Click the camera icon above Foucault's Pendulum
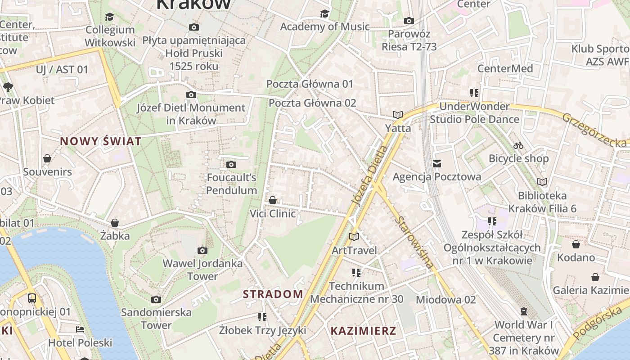(231, 165)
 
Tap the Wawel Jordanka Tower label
(202, 270)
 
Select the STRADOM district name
(273, 294)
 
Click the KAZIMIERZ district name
(364, 331)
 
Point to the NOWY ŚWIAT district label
(101, 141)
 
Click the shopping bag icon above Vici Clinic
(273, 200)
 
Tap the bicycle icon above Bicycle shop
(518, 145)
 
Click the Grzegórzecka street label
(594, 130)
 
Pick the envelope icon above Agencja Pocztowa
(437, 163)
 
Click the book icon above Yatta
(397, 115)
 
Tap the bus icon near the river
(32, 298)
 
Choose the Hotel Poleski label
(80, 343)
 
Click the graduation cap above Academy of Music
(324, 13)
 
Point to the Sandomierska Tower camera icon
(156, 300)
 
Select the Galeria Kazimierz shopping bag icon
(595, 277)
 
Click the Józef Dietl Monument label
(191, 114)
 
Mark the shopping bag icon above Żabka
(115, 223)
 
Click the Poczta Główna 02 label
(312, 103)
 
